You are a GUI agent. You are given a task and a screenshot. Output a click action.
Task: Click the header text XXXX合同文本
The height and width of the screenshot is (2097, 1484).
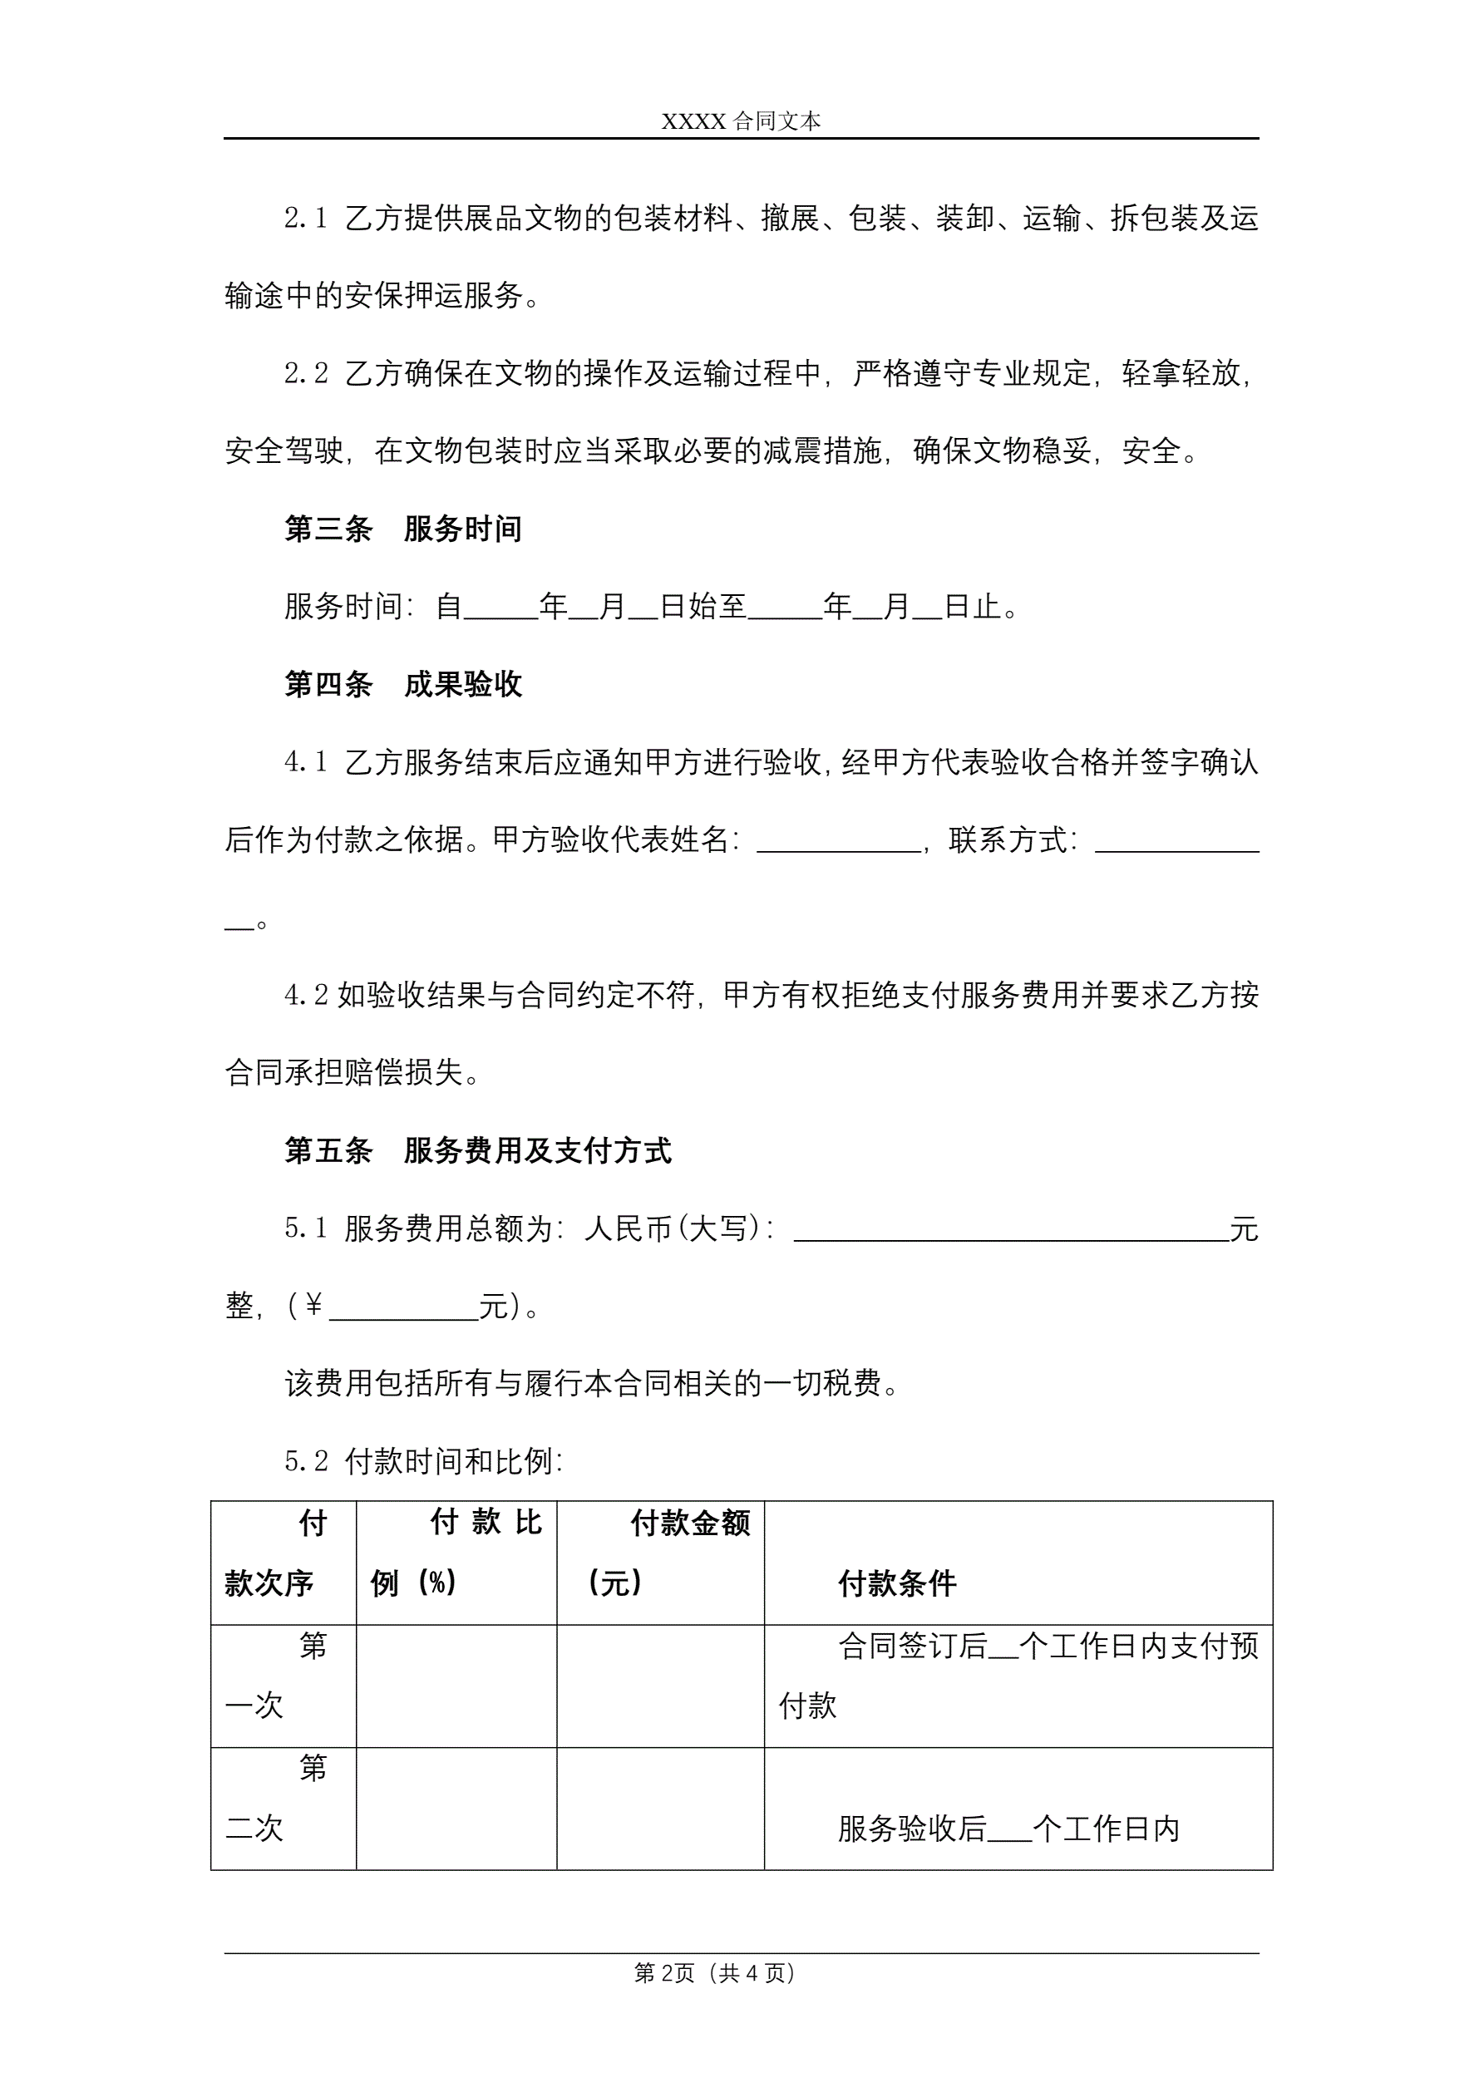pyautogui.click(x=741, y=121)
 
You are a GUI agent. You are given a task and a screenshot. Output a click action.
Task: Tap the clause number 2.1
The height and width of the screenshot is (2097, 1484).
pyautogui.click(x=305, y=219)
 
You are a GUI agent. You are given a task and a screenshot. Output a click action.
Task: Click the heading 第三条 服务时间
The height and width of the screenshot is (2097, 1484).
pyautogui.click(x=403, y=529)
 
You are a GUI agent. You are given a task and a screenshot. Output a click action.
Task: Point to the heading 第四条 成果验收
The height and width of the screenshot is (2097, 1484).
pyautogui.click(x=403, y=685)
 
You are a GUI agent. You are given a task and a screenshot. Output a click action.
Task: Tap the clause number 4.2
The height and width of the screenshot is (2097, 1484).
pyautogui.click(x=305, y=996)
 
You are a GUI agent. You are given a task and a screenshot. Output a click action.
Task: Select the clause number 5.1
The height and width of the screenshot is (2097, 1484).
pyautogui.click(x=305, y=1229)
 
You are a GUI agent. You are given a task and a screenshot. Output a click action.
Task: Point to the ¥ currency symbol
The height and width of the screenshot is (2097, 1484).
pyautogui.click(x=313, y=1307)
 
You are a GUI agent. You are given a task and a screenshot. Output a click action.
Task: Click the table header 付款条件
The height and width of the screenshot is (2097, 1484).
pyautogui.click(x=897, y=1583)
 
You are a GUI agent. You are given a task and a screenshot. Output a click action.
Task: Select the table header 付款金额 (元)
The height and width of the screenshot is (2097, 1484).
pyautogui.click(x=661, y=1553)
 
